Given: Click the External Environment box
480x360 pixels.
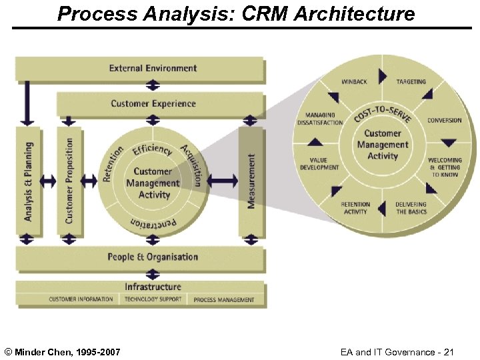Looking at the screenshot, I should (153, 68).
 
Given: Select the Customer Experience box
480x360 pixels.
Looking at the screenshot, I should (153, 104).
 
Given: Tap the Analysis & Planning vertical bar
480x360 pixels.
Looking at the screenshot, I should (28, 180).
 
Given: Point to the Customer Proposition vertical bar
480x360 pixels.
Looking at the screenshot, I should (69, 180).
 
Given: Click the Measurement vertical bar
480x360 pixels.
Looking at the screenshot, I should (251, 181).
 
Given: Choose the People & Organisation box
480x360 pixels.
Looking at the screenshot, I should (153, 257).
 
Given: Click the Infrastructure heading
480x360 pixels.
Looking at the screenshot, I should (153, 287).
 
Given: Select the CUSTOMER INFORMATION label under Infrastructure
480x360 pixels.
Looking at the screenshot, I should (81, 299).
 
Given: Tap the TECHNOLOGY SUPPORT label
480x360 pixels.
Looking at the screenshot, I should (153, 299).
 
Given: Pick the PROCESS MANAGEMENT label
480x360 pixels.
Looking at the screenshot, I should (224, 300).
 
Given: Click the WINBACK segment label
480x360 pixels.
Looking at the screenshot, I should (354, 82).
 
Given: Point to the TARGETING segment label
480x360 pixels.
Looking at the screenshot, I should (411, 82).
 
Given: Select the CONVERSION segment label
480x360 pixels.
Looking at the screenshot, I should (444, 121).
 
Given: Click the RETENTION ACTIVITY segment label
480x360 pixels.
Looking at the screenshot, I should (355, 208).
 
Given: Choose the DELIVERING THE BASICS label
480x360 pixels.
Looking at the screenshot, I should (411, 208).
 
